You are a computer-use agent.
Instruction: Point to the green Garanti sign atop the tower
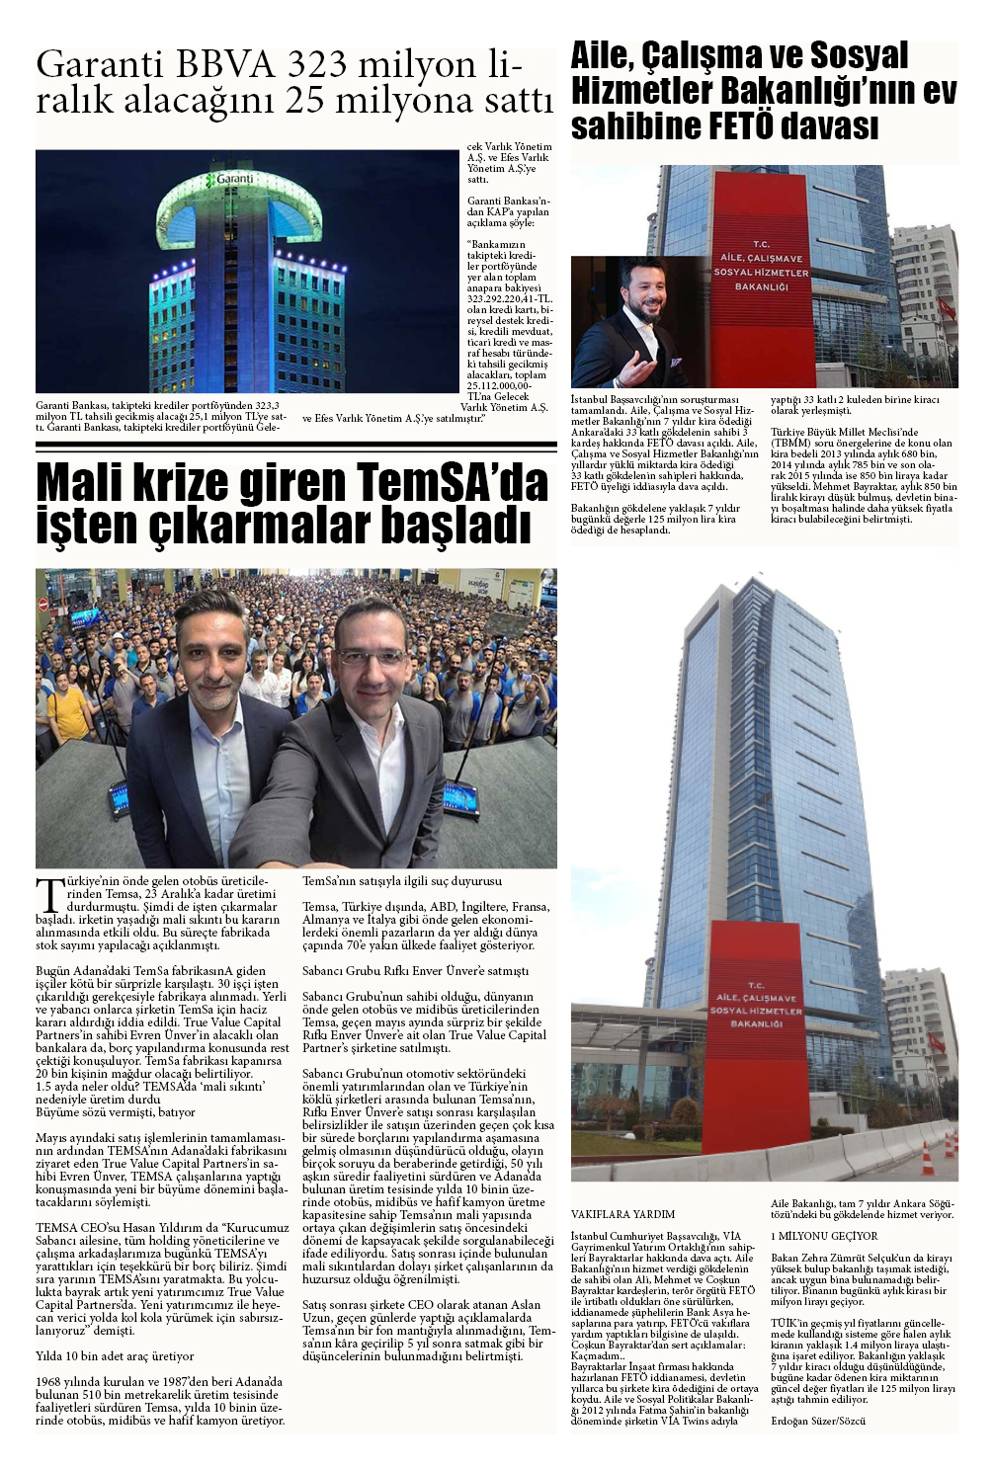click(x=236, y=180)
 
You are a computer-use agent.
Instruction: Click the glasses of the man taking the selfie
click(x=371, y=657)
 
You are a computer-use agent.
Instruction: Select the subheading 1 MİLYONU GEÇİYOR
click(x=823, y=1236)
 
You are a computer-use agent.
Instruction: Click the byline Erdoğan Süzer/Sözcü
click(x=817, y=1421)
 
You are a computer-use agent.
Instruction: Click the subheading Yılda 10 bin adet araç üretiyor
click(x=115, y=1356)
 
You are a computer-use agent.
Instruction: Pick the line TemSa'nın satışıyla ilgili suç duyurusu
click(x=401, y=880)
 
